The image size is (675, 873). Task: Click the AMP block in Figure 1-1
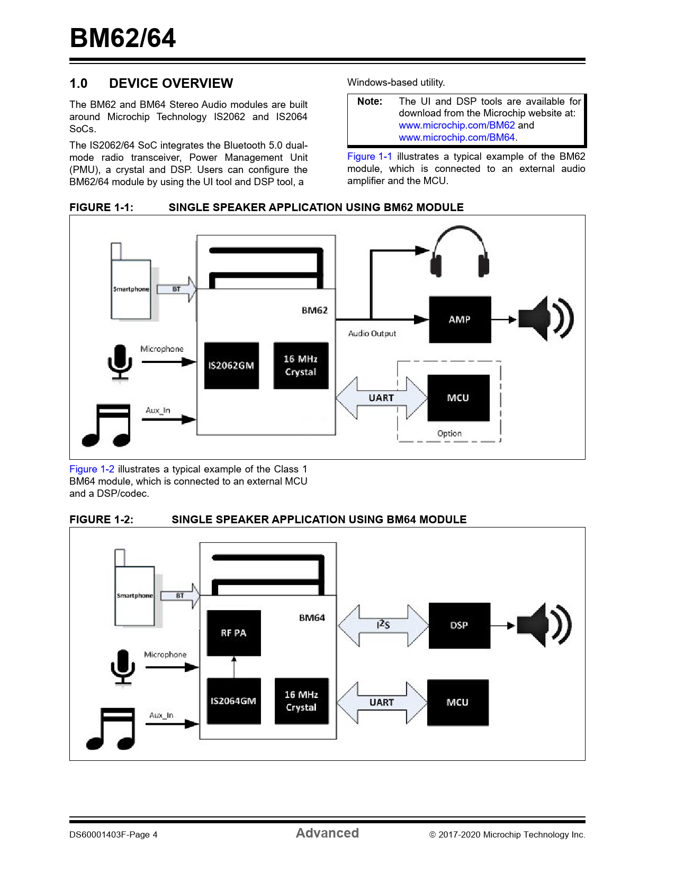(x=460, y=320)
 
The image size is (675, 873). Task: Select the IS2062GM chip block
(x=231, y=366)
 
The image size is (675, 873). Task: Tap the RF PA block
(x=233, y=633)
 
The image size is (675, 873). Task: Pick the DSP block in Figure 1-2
(x=459, y=625)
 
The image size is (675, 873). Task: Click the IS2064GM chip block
(x=233, y=701)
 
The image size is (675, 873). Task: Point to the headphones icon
(x=460, y=251)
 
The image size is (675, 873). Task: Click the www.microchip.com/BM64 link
(x=456, y=138)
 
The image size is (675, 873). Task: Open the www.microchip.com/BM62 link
(x=456, y=125)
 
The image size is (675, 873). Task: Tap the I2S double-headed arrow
(x=383, y=625)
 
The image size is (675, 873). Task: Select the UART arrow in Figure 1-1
(x=382, y=398)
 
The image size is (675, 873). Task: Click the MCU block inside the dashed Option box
(x=458, y=398)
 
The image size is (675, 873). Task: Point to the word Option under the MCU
(x=449, y=433)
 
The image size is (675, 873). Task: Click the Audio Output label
(x=372, y=333)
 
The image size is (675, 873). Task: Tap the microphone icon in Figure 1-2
(x=123, y=667)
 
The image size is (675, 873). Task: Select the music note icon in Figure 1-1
(x=106, y=425)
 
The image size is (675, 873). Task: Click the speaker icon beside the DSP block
(x=544, y=625)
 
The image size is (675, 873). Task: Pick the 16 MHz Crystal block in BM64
(x=302, y=701)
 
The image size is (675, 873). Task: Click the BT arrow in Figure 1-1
(x=176, y=289)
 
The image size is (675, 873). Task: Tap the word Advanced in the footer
(x=327, y=833)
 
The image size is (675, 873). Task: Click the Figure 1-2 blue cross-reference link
(x=92, y=469)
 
